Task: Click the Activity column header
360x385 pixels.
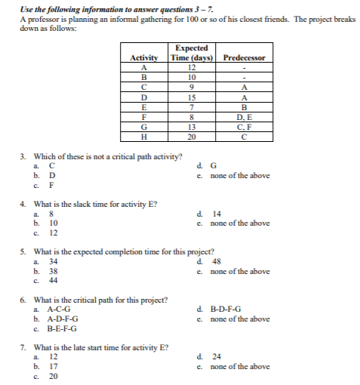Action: (x=144, y=58)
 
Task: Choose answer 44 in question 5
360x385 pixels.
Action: (x=54, y=279)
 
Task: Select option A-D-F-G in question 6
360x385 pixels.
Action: (x=63, y=319)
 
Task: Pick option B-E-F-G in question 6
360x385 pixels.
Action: (x=63, y=328)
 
